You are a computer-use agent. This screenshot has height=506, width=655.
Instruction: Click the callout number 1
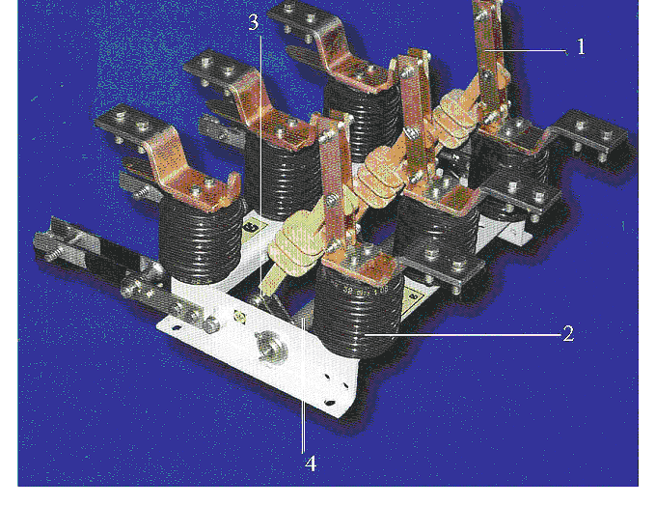point(581,47)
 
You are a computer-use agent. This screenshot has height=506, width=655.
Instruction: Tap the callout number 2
point(568,334)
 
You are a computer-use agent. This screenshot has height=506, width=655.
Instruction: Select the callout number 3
point(253,22)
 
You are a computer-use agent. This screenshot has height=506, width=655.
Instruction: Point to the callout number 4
point(310,464)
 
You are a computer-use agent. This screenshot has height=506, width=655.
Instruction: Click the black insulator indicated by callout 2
point(357,309)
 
